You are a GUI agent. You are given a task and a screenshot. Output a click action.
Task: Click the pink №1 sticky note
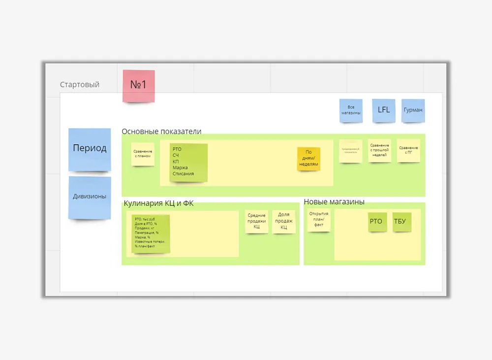pyautogui.click(x=138, y=86)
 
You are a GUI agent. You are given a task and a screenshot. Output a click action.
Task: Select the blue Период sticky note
pyautogui.click(x=90, y=149)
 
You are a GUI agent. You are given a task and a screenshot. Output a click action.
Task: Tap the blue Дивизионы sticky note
pyautogui.click(x=90, y=197)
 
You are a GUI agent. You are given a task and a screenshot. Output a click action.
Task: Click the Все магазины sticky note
pyautogui.click(x=351, y=110)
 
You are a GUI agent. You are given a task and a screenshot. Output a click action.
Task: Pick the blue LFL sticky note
pyautogui.click(x=384, y=110)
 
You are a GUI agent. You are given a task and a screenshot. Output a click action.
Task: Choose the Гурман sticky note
pyautogui.click(x=413, y=110)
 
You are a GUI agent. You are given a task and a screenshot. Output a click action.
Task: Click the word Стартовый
pyautogui.click(x=80, y=85)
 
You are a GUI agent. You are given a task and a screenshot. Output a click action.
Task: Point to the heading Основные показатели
pyautogui.click(x=161, y=131)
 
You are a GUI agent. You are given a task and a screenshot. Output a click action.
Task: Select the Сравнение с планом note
pyautogui.click(x=143, y=154)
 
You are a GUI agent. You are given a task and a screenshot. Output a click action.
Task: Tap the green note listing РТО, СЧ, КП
pyautogui.click(x=188, y=162)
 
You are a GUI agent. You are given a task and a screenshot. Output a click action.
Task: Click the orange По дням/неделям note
pyautogui.click(x=308, y=159)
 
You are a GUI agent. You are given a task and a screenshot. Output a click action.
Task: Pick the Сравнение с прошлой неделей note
pyautogui.click(x=380, y=150)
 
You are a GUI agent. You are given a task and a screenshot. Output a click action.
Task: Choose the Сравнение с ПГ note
pyautogui.click(x=408, y=150)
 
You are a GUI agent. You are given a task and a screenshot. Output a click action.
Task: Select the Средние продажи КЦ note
pyautogui.click(x=256, y=221)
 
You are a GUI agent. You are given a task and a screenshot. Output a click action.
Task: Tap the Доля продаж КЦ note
pyautogui.click(x=284, y=221)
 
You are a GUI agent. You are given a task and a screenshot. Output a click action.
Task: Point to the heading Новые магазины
pyautogui.click(x=334, y=202)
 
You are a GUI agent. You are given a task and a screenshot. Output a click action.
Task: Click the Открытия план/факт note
pyautogui.click(x=318, y=220)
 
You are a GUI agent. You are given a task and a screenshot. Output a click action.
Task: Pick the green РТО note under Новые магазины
pyautogui.click(x=376, y=222)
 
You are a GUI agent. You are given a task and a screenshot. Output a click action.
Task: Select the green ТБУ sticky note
pyautogui.click(x=400, y=222)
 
